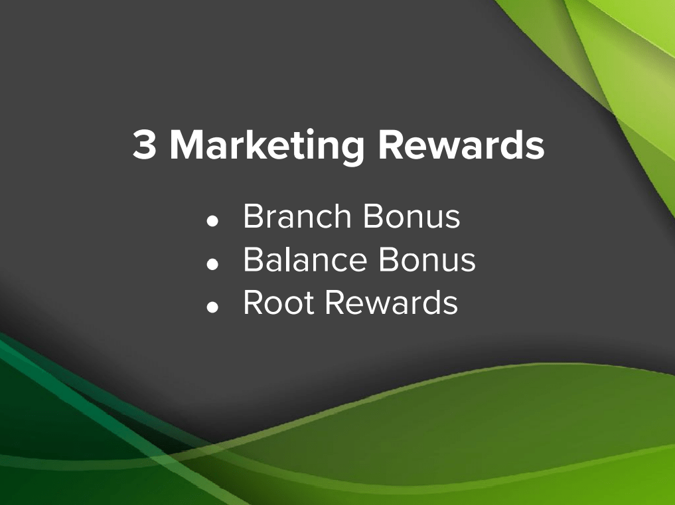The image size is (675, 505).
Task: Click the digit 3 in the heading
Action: click(144, 145)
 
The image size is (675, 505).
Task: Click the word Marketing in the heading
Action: click(267, 147)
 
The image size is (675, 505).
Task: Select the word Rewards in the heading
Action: click(461, 144)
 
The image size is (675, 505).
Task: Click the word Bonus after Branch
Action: click(412, 216)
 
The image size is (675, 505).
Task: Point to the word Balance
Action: click(305, 259)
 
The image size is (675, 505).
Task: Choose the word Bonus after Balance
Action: click(427, 259)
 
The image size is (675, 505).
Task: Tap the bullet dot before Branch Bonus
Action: click(212, 221)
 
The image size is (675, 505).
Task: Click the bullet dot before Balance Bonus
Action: click(212, 264)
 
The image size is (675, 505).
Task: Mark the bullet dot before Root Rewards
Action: click(212, 307)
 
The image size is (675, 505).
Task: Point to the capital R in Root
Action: click(254, 302)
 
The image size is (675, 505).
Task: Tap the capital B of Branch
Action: click(254, 216)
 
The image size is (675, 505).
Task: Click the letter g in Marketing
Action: click(352, 151)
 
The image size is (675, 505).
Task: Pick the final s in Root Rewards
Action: click(450, 306)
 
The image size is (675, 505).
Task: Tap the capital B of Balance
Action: click(254, 259)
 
